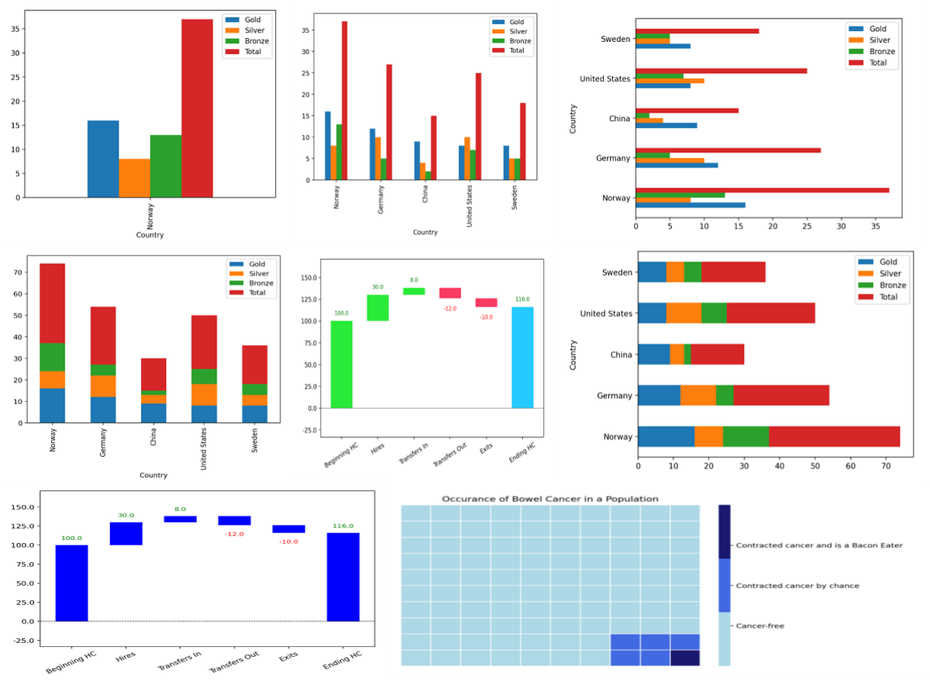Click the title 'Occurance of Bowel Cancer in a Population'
[x=549, y=499]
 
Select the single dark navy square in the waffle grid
[x=684, y=658]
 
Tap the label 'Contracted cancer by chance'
[x=797, y=586]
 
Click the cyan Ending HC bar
[x=522, y=358]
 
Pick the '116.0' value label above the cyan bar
[x=522, y=299]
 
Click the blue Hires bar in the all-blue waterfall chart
[x=126, y=534]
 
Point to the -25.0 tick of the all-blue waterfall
[x=27, y=640]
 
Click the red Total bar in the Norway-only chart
[x=198, y=108]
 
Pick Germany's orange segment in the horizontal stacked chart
[x=698, y=395]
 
